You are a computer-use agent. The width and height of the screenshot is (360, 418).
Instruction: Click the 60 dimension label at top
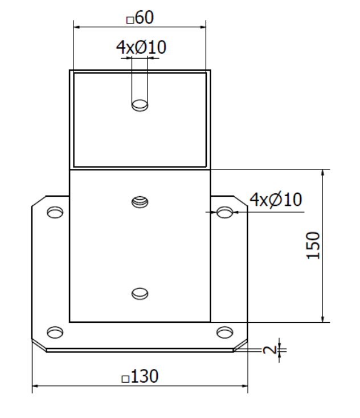[145, 17]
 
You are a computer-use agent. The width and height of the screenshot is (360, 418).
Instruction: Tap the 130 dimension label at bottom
[145, 376]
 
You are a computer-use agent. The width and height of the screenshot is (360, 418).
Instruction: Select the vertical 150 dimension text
[313, 246]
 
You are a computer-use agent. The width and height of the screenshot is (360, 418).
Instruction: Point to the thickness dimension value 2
[270, 350]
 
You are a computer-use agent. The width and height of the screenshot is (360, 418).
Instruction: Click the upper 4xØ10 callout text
[141, 47]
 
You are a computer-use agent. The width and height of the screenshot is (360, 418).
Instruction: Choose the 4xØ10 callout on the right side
[276, 200]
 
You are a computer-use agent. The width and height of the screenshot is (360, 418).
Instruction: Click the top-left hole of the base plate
[55, 212]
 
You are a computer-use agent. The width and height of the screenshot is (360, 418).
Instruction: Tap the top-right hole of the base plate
[225, 212]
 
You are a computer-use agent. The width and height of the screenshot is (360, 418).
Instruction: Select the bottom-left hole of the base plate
[55, 332]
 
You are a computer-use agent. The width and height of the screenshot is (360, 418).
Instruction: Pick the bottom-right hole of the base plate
[225, 332]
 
